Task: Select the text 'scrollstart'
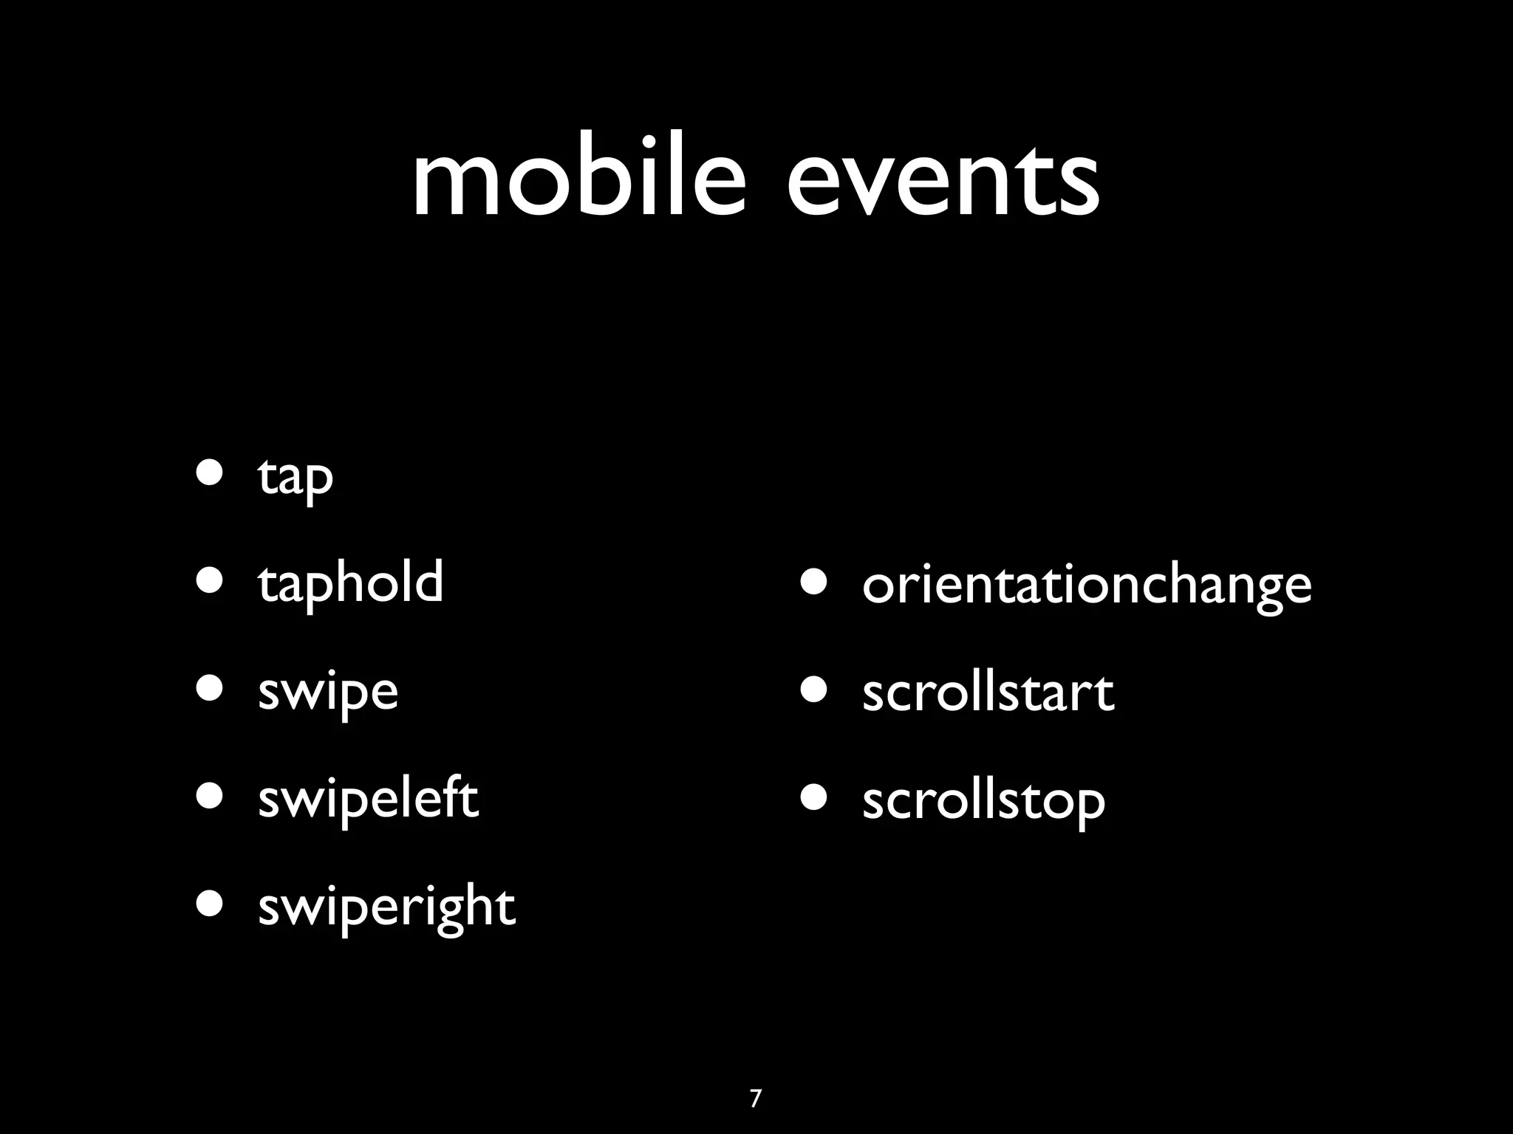click(988, 693)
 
